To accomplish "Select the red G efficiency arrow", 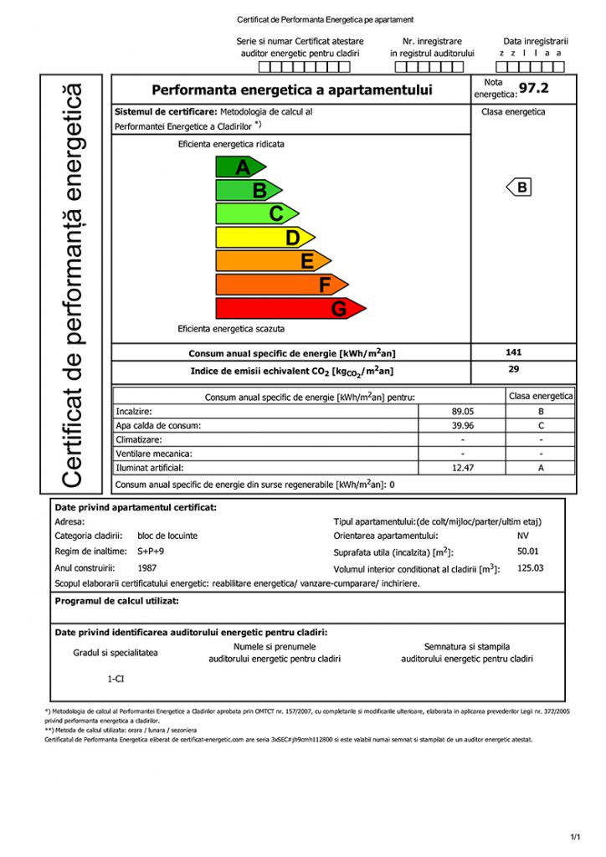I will [x=289, y=309].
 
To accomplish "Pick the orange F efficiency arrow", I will [x=280, y=285].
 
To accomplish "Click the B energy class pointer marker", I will [x=521, y=187].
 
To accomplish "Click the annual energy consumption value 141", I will [x=514, y=352].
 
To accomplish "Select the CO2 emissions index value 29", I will [x=514, y=368].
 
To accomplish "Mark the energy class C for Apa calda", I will [x=541, y=426].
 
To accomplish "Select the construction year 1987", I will [x=146, y=567].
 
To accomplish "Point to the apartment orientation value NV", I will [x=523, y=536].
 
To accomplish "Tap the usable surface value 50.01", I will [x=528, y=552].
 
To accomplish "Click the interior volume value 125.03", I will [x=531, y=567].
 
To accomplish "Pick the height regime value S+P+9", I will [x=151, y=552].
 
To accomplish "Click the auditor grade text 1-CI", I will [x=116, y=679].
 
